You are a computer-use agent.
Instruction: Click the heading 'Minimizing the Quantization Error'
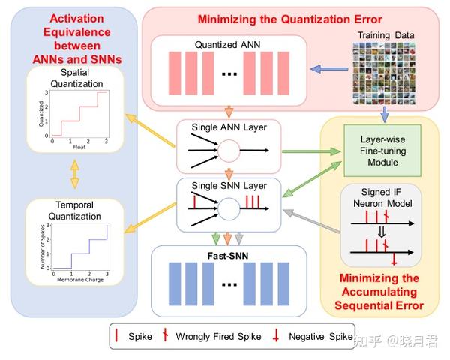click(290, 18)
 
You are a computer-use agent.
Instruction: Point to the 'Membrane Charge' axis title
click(79, 280)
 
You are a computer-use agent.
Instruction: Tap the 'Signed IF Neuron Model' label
click(381, 196)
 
